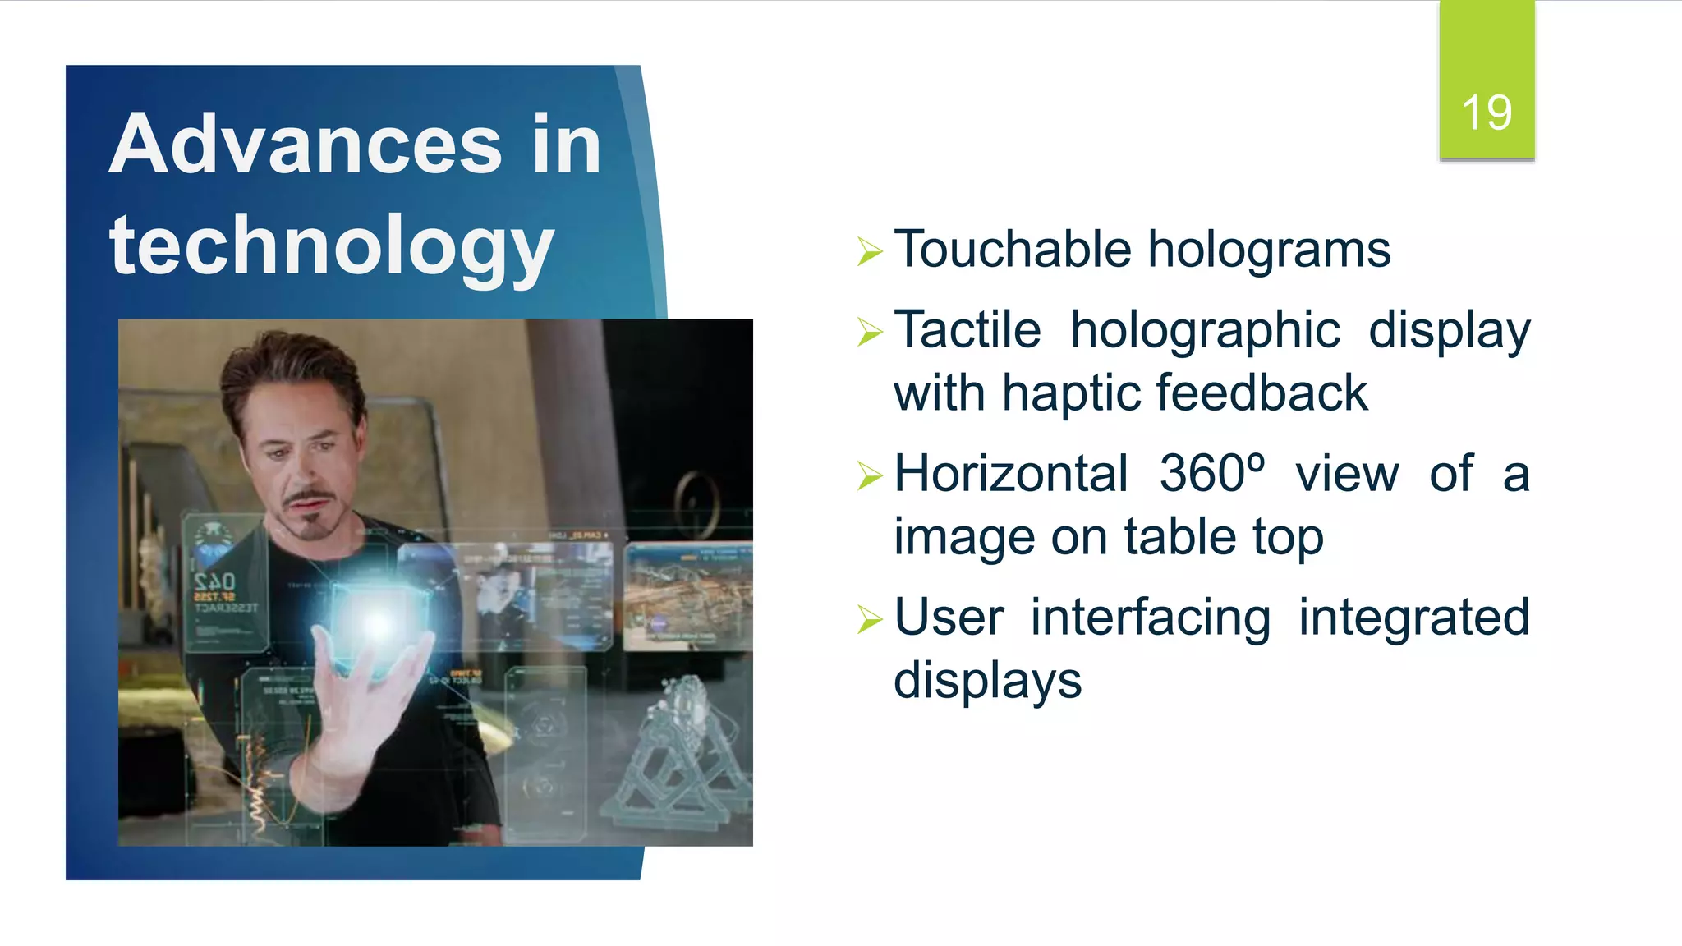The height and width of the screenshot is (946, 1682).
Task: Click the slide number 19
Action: tap(1486, 113)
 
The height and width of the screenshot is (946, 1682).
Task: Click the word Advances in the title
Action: tap(305, 145)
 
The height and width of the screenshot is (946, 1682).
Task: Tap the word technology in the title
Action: tap(331, 245)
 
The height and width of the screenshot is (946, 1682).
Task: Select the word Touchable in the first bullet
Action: tap(1012, 249)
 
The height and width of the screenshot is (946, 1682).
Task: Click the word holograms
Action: tap(1269, 250)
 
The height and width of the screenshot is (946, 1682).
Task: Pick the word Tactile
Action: tap(967, 330)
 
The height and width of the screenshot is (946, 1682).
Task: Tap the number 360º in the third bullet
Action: tap(1211, 474)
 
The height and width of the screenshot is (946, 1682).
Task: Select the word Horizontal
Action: tap(1011, 474)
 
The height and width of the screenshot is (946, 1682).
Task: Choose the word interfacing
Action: tap(1150, 618)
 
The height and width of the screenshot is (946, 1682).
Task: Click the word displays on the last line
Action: tap(987, 681)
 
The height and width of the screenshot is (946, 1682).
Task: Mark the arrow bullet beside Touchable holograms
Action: tap(869, 251)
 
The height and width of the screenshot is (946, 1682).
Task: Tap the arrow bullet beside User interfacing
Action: tap(869, 619)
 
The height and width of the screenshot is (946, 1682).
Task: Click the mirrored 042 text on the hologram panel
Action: tap(215, 582)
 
